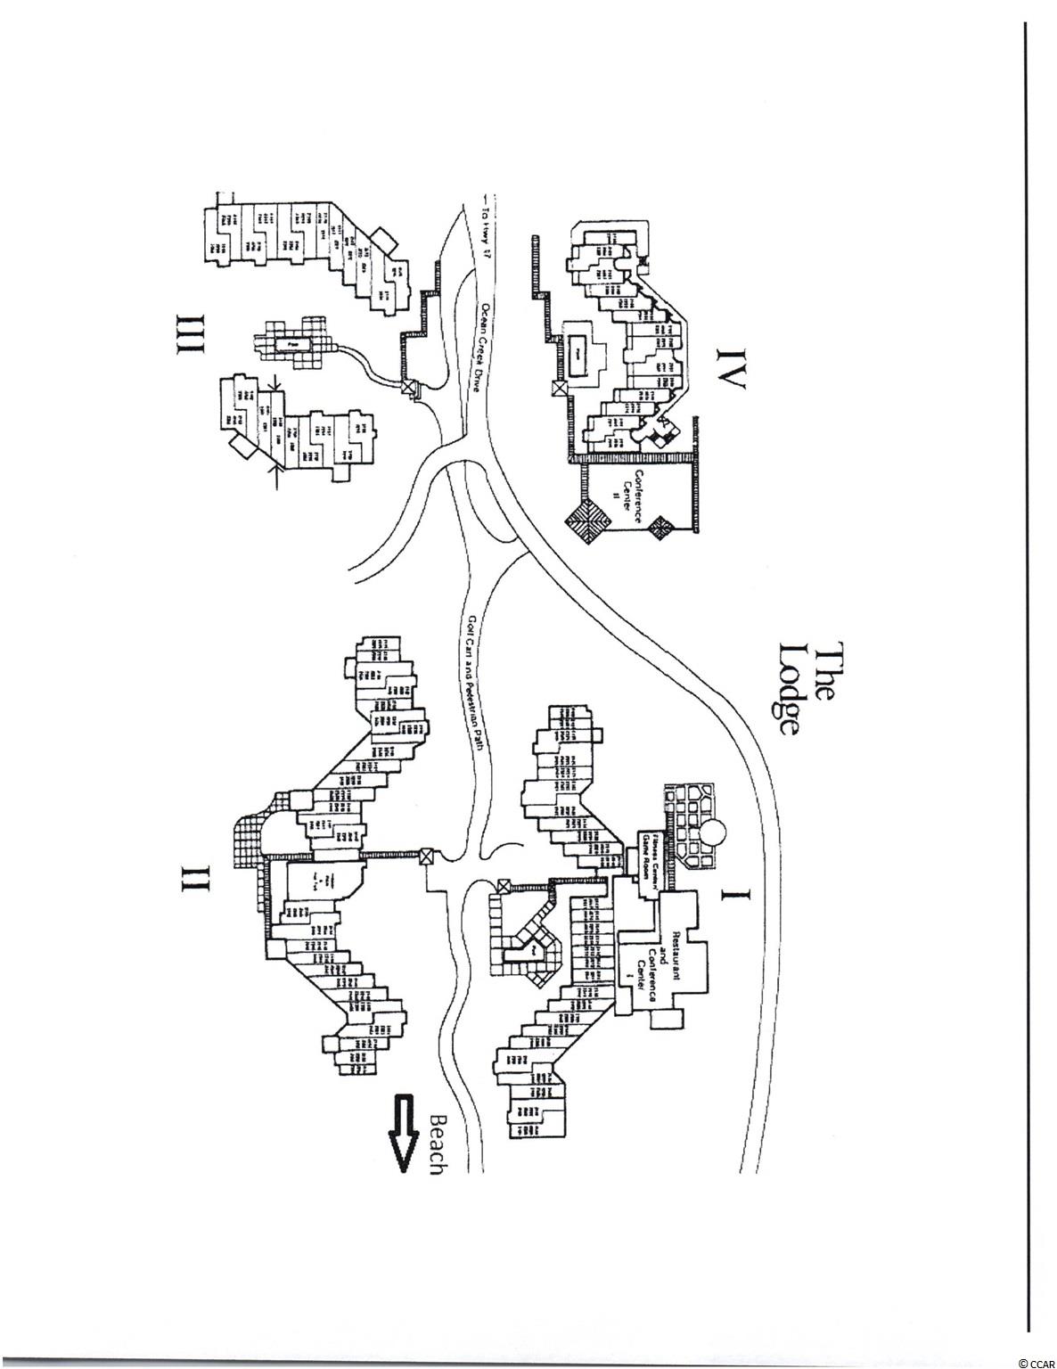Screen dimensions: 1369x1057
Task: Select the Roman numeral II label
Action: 198,878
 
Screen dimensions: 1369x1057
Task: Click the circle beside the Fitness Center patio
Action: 714,836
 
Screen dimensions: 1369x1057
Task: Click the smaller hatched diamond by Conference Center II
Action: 663,527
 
